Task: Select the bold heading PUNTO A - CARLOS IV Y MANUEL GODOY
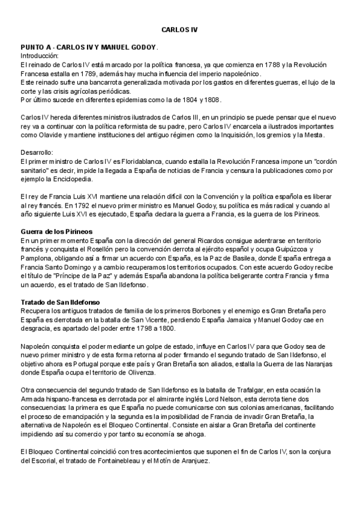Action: (88, 47)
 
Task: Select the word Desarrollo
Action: (37, 152)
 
